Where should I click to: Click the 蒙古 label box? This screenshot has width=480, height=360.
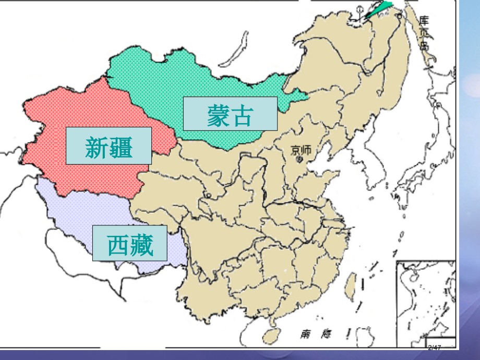pyautogui.click(x=230, y=114)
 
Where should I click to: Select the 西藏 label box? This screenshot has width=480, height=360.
pyautogui.click(x=130, y=243)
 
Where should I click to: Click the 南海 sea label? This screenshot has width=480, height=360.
pyautogui.click(x=314, y=333)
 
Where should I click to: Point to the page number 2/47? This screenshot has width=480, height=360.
pyautogui.click(x=435, y=347)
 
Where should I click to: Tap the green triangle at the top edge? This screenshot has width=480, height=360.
pyautogui.click(x=380, y=9)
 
